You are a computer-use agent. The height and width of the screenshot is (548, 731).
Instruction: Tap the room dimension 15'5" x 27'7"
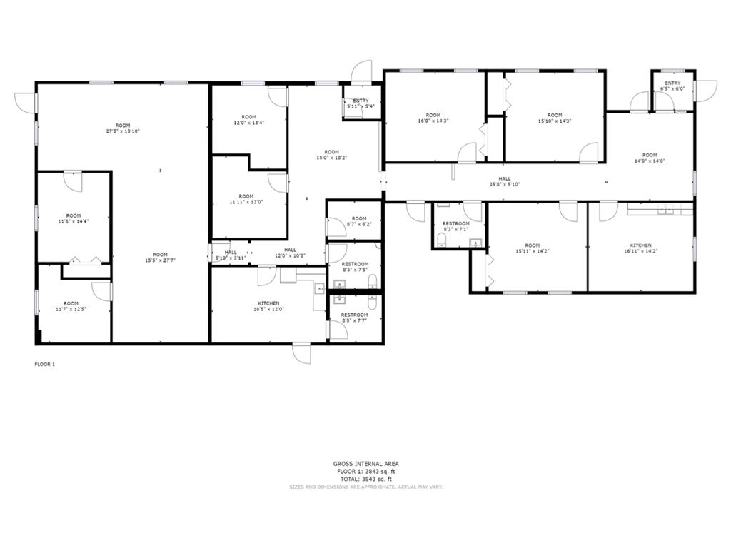[160, 258]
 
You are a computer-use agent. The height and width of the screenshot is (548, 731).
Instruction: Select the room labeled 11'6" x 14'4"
[74, 218]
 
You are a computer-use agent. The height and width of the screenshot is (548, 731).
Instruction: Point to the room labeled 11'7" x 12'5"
[71, 306]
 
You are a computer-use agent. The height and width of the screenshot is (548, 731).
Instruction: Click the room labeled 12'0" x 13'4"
[248, 120]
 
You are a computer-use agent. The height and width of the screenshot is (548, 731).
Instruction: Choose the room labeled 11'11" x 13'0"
[246, 199]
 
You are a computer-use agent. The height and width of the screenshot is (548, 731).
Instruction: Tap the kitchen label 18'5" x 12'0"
[269, 306]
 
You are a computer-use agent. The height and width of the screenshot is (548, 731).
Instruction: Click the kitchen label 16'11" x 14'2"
[640, 248]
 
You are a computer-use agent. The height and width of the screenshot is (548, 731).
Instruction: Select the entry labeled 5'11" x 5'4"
[361, 103]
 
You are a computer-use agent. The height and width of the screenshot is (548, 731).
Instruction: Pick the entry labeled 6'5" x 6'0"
[672, 86]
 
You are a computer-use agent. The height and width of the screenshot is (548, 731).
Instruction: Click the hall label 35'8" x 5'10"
[505, 181]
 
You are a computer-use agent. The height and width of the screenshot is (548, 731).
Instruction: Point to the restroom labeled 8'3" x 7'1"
[455, 226]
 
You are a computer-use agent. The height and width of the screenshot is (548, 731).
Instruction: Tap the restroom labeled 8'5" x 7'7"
[354, 318]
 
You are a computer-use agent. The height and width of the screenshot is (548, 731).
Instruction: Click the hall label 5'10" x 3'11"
[231, 255]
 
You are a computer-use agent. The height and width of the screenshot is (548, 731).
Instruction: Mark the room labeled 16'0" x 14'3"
[433, 118]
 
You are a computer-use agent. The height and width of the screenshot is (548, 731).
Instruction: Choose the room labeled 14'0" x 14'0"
[649, 158]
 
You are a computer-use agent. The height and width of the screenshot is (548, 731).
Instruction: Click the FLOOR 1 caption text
[45, 364]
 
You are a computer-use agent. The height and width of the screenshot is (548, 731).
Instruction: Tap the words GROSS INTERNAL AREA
[365, 464]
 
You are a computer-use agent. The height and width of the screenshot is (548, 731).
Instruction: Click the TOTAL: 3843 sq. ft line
[365, 479]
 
